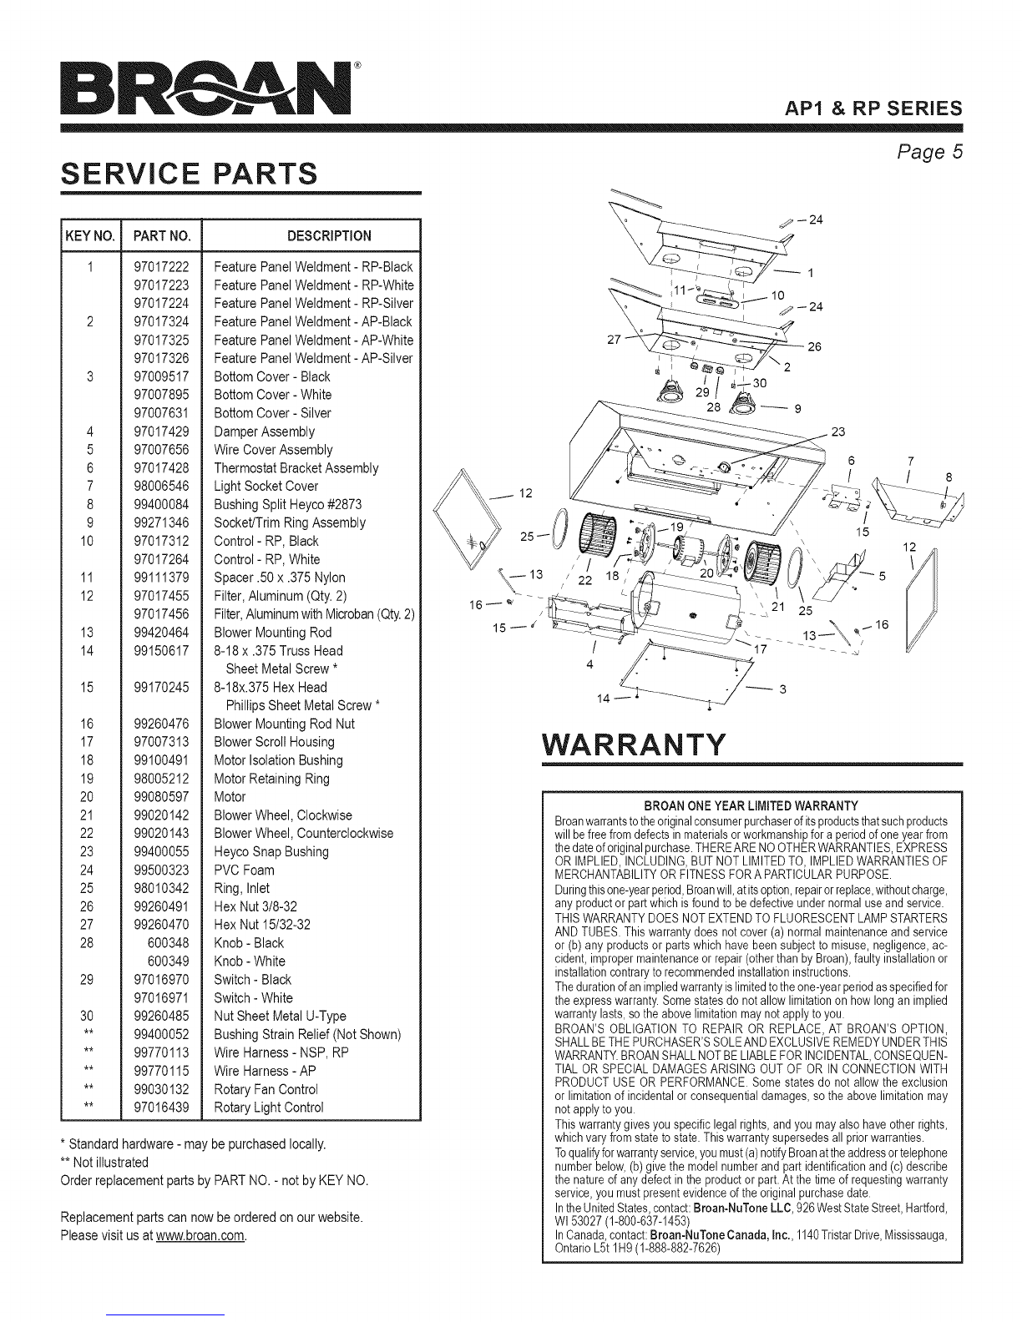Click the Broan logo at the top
(x=207, y=88)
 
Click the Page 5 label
(x=929, y=152)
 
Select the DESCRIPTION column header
(x=329, y=236)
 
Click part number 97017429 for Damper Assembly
(x=161, y=431)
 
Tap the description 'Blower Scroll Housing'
(x=274, y=742)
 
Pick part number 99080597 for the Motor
(x=161, y=797)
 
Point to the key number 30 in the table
(x=87, y=1016)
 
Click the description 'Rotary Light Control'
(x=268, y=1108)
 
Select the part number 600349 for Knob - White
(x=169, y=961)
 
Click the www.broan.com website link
(x=200, y=1235)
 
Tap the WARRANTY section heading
(x=635, y=744)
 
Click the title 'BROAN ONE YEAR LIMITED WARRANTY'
(x=751, y=806)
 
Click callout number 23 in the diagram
(x=838, y=432)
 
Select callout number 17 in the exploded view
(x=761, y=649)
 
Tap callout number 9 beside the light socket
(x=797, y=409)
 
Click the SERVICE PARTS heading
(x=190, y=174)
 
